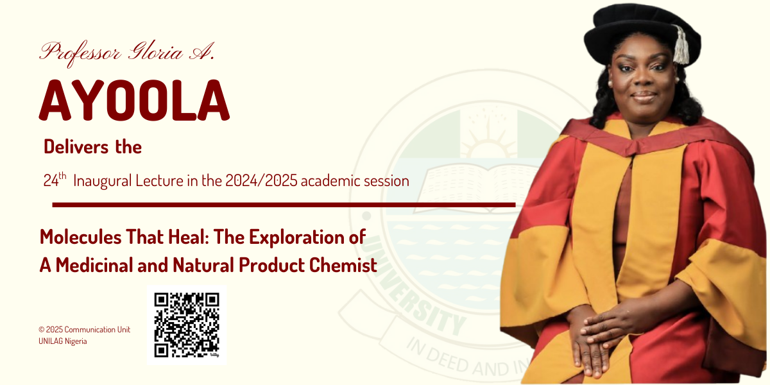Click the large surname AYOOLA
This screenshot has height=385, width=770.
134,102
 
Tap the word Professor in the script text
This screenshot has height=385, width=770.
80,51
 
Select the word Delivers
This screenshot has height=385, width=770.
76,147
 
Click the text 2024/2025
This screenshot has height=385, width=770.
261,181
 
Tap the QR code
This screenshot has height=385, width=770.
187,325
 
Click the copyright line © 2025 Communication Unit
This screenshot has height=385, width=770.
84,329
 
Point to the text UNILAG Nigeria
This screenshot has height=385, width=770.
62,341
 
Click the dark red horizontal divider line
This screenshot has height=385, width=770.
283,205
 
